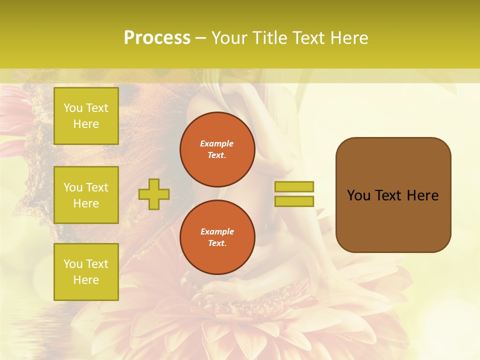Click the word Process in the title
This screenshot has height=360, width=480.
click(x=157, y=38)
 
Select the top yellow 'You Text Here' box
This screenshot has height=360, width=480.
click(x=86, y=116)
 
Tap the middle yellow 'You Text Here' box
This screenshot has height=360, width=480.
click(x=86, y=195)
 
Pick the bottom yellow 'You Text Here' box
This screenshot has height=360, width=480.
click(x=86, y=272)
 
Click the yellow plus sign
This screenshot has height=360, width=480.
click(x=154, y=194)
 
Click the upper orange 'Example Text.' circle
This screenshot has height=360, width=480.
click(x=217, y=149)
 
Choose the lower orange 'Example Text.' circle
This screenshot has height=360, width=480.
click(x=217, y=237)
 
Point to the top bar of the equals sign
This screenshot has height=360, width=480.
click(x=294, y=186)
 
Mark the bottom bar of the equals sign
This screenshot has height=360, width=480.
click(x=294, y=201)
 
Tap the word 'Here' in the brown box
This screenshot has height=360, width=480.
click(x=422, y=195)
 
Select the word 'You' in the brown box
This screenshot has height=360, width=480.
click(x=359, y=195)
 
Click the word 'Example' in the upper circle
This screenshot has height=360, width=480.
click(x=217, y=143)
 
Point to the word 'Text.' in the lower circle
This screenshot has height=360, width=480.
click(x=217, y=243)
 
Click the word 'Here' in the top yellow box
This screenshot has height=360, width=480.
click(x=86, y=124)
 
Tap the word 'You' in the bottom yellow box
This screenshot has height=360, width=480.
click(x=73, y=264)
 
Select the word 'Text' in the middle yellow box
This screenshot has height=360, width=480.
click(x=97, y=187)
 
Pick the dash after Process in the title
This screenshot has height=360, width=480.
click(x=200, y=38)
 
